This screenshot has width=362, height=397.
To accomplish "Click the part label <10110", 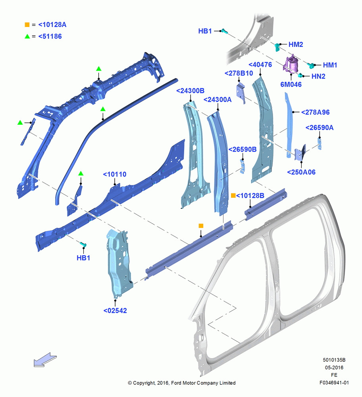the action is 115,174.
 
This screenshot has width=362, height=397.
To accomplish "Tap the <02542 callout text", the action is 115,310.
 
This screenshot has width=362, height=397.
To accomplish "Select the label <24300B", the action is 191,91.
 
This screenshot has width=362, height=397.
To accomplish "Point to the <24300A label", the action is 218,100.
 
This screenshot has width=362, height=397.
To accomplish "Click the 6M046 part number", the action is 291,85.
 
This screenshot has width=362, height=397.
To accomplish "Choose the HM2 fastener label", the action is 296,44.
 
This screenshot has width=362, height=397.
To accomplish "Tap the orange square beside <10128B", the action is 233,195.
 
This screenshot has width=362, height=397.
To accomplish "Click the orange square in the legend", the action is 27,25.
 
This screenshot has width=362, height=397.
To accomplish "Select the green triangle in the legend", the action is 27,37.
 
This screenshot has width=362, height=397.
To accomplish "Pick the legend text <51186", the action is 50,37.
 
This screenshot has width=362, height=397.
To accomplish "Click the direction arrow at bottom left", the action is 45,360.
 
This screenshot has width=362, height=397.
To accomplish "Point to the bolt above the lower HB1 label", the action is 83,244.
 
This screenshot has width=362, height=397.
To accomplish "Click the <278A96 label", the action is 316,112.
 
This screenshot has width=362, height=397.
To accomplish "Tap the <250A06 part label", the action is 301,172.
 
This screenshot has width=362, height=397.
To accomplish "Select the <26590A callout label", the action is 320,127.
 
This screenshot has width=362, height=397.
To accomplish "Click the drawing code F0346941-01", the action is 334,383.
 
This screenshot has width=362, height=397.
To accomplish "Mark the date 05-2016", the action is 334,367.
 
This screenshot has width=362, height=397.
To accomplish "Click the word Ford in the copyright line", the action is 176,383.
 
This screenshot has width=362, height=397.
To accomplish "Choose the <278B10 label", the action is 239,73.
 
